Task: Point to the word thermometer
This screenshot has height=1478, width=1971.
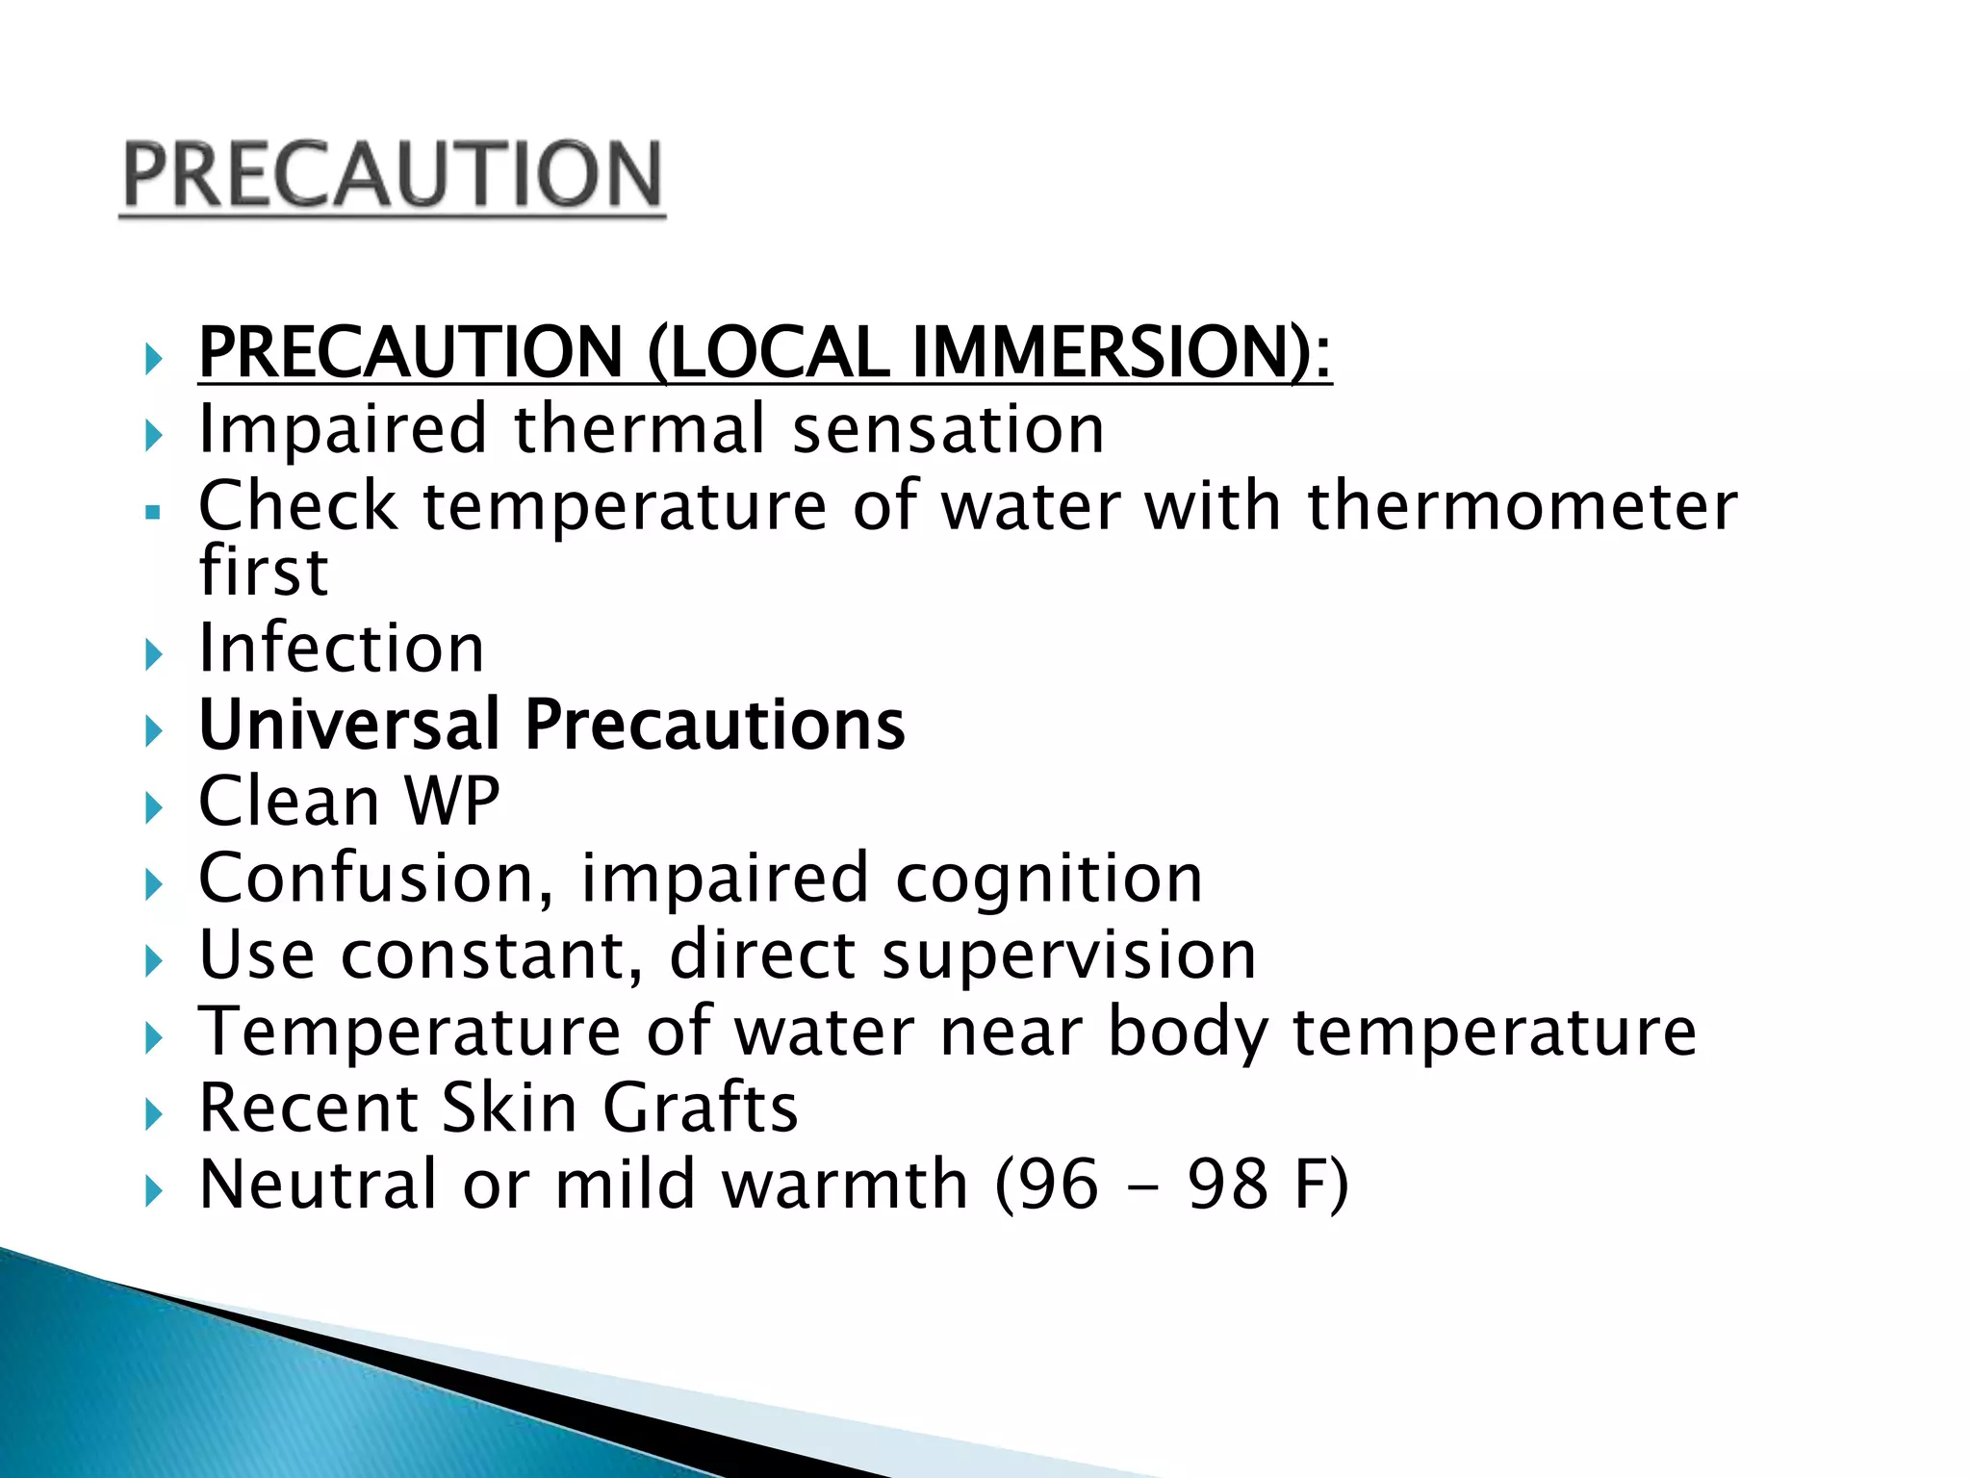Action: (x=1523, y=506)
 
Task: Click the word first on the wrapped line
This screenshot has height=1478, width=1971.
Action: (x=264, y=572)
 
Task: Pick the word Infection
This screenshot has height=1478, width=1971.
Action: (x=342, y=648)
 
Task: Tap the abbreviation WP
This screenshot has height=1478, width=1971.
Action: (x=452, y=801)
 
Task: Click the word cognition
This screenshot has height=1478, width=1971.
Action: (x=1049, y=879)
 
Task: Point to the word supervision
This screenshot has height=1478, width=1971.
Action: (x=1069, y=955)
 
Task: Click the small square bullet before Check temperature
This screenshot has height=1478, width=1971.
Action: (x=152, y=513)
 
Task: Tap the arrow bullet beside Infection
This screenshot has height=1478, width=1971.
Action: (x=153, y=655)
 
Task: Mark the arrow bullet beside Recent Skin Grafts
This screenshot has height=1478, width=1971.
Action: (x=153, y=1115)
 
